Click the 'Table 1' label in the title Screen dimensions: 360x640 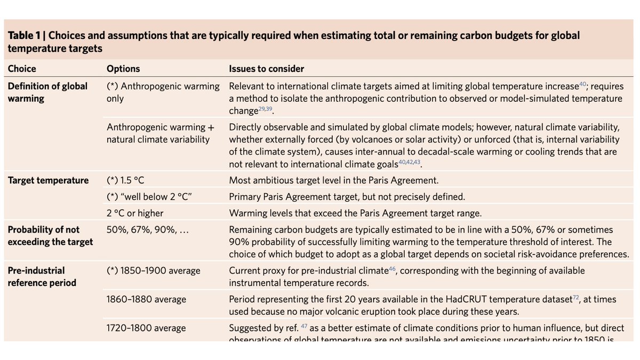tap(25, 36)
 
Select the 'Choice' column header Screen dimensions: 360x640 tap(22, 69)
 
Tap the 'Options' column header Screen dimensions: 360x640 tap(123, 69)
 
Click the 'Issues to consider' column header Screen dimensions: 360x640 tap(267, 69)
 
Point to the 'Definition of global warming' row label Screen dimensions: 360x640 tap(47, 92)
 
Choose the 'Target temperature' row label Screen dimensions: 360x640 tap(48, 180)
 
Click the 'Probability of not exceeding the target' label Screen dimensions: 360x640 tap(50, 236)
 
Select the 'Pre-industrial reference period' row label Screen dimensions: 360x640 tap(42, 277)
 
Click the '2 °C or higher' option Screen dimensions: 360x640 tap(135, 213)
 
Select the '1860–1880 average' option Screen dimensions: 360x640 tap(147, 299)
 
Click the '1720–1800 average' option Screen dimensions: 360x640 tap(147, 328)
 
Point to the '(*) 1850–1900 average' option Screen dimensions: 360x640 tap(154, 270)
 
